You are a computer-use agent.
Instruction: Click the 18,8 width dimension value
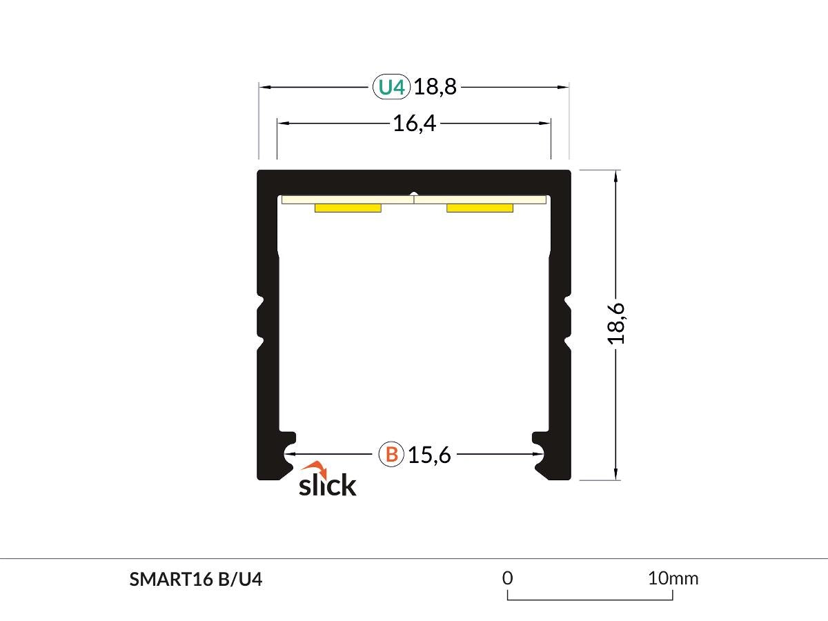436,88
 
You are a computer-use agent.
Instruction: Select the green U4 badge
392,88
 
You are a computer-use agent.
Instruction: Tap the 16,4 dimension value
414,124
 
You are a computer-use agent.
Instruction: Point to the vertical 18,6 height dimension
616,323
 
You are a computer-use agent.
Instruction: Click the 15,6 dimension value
429,455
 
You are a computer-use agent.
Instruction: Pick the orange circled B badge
391,455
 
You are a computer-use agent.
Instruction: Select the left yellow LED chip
348,208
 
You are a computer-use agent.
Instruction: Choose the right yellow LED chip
480,208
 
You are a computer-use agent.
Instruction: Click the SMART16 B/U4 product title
196,580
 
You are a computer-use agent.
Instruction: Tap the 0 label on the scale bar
508,578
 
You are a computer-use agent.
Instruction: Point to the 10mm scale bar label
673,578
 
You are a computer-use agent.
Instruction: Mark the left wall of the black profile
268,324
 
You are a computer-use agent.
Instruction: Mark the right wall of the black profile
560,324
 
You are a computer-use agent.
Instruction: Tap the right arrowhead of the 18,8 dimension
564,88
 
